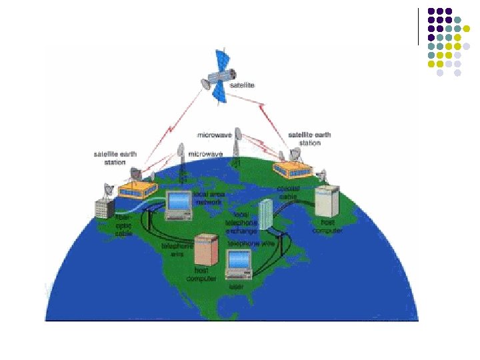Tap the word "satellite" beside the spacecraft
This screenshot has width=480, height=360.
pos(242,85)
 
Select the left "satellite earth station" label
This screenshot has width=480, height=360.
pos(115,159)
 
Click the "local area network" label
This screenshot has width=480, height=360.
pos(209,197)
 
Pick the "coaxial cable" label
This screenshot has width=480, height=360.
pos(289,193)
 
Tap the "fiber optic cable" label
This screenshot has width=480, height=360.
pos(124,225)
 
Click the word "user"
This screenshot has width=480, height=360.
pos(236,287)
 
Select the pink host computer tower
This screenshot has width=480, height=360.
pos(206,250)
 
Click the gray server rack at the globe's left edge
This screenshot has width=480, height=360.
pos(104,208)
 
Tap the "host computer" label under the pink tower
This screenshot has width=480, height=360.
pos(205,275)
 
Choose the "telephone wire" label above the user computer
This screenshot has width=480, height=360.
pos(251,244)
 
